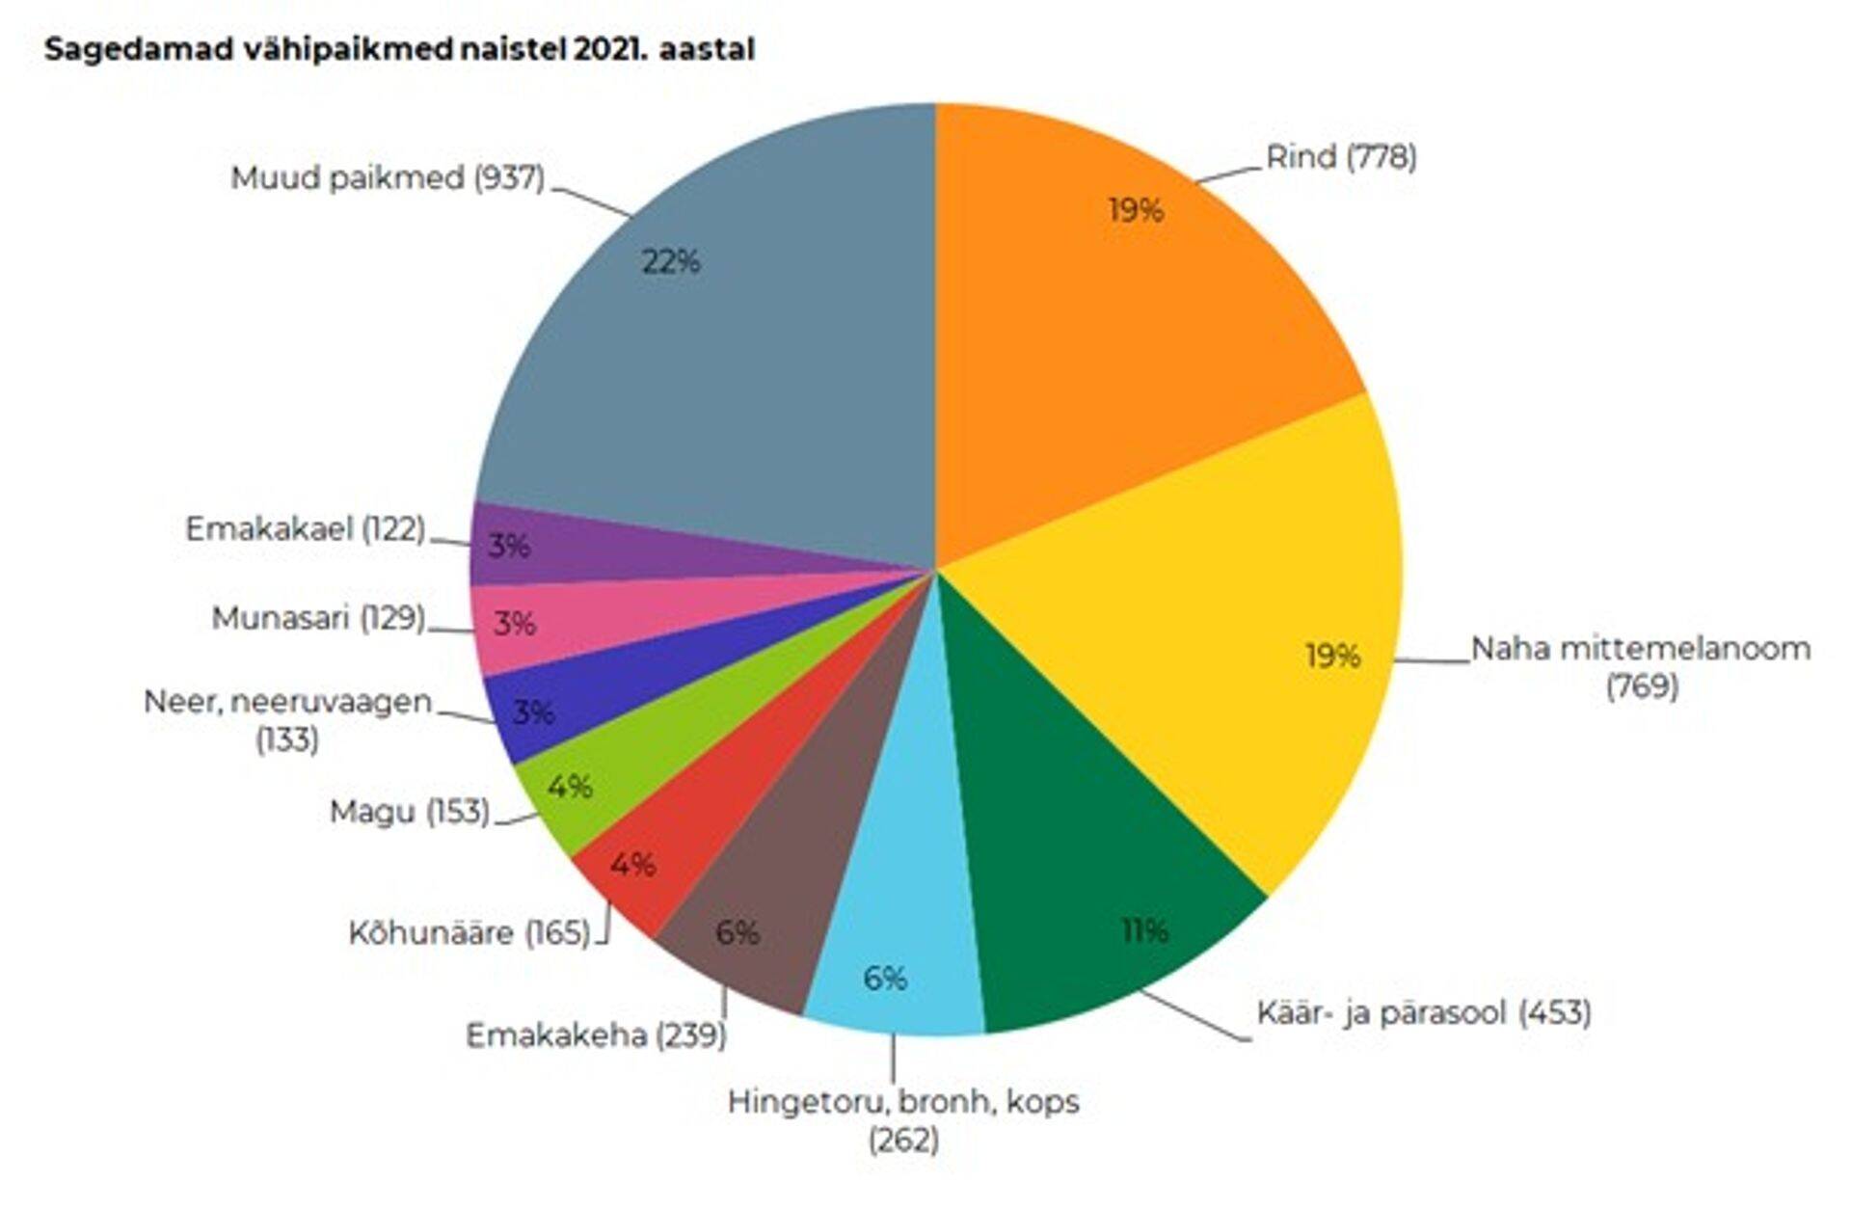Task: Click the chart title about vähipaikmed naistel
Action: click(x=399, y=49)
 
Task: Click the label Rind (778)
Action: click(x=1341, y=156)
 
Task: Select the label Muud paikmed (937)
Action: click(x=388, y=178)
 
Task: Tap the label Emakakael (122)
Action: click(x=305, y=529)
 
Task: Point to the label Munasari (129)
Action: click(x=318, y=618)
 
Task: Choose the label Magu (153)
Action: click(x=410, y=812)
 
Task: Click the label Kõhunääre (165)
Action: click(x=469, y=933)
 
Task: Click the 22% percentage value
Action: click(x=671, y=261)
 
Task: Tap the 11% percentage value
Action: click(x=1145, y=931)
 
